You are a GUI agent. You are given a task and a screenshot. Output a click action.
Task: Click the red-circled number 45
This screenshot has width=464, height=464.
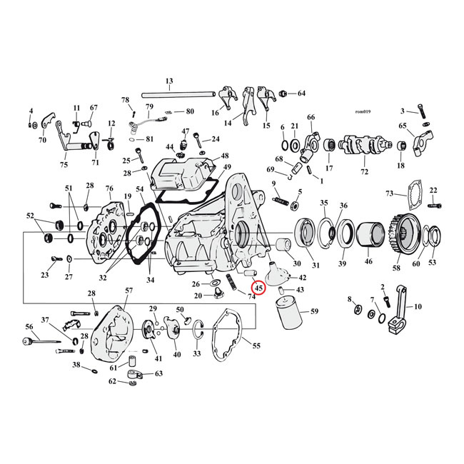(258, 288)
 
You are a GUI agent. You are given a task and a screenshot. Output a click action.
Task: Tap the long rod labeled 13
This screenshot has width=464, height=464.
(186, 93)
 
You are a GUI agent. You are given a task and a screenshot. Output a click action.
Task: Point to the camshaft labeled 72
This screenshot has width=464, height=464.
(365, 147)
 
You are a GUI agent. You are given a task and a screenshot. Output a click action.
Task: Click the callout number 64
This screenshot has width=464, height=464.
(301, 94)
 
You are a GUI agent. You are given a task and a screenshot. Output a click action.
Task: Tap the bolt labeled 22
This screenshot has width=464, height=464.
(433, 205)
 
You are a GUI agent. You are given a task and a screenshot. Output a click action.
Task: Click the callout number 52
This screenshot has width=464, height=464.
(30, 215)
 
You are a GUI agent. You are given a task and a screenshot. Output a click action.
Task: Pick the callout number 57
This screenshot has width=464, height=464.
(128, 291)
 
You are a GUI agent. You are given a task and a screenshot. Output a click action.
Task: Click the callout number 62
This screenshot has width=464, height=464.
(113, 381)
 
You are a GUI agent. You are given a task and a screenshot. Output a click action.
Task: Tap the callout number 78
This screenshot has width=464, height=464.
(125, 99)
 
